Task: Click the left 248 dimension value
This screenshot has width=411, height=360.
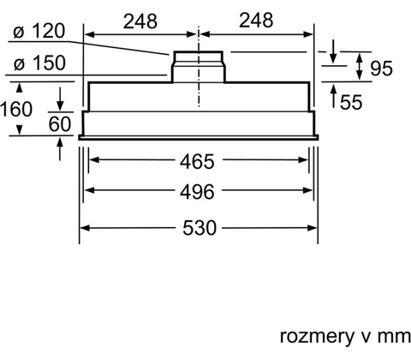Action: point(140,21)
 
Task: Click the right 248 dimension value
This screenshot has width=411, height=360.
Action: point(256,21)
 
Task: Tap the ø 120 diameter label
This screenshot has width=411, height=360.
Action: point(39,31)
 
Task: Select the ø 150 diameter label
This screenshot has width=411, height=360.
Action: point(40,63)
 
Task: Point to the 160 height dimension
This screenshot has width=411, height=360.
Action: point(16,109)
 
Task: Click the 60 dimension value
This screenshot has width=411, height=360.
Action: point(60,124)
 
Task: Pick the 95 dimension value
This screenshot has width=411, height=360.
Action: point(381,69)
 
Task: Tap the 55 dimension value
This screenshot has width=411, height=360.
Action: point(351,102)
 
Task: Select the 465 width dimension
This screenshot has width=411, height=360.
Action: point(197,161)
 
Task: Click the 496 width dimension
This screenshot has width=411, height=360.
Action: point(197,192)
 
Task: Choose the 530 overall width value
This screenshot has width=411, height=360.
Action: point(200,228)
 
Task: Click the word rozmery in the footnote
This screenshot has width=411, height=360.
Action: point(317,336)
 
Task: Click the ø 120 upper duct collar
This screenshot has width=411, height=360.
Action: point(199,57)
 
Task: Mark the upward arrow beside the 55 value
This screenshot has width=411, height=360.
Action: point(333,96)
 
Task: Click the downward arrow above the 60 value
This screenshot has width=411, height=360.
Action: point(60,99)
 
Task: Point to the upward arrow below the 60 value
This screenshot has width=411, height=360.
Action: point(60,149)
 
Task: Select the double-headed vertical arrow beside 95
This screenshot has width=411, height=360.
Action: point(360,67)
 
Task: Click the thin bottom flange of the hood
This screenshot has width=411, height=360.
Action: point(199,138)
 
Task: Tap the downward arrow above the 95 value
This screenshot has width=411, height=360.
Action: point(333,51)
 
